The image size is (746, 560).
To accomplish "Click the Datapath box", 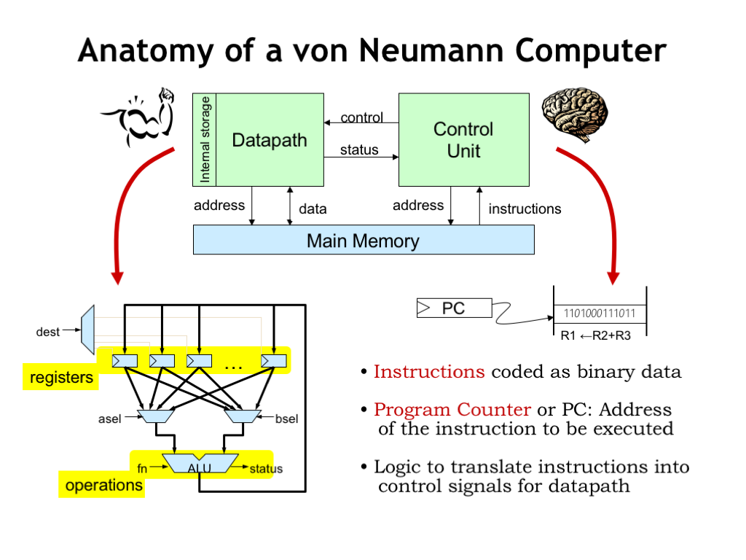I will tap(269, 140).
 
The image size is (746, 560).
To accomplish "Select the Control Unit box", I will tap(463, 140).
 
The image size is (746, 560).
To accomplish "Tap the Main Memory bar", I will tap(363, 240).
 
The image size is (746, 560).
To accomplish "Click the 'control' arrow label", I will tap(361, 117).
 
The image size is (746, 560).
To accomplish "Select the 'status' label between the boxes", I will tap(359, 149).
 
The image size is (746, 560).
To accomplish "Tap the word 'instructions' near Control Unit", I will tap(525, 209).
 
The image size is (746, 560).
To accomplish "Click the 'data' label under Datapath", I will tap(313, 209).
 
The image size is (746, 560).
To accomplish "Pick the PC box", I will tap(454, 309).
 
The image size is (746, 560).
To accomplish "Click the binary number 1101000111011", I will tap(600, 314).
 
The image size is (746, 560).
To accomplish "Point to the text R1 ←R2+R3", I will tap(596, 336).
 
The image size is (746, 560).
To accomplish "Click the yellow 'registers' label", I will tap(61, 378).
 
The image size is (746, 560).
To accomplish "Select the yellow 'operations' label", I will tap(103, 485).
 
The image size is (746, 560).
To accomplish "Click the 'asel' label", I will tap(109, 419).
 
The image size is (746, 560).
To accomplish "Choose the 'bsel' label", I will tap(287, 419).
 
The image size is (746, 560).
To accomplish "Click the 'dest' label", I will tap(48, 332).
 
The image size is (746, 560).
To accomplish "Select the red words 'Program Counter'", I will tap(452, 410).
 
